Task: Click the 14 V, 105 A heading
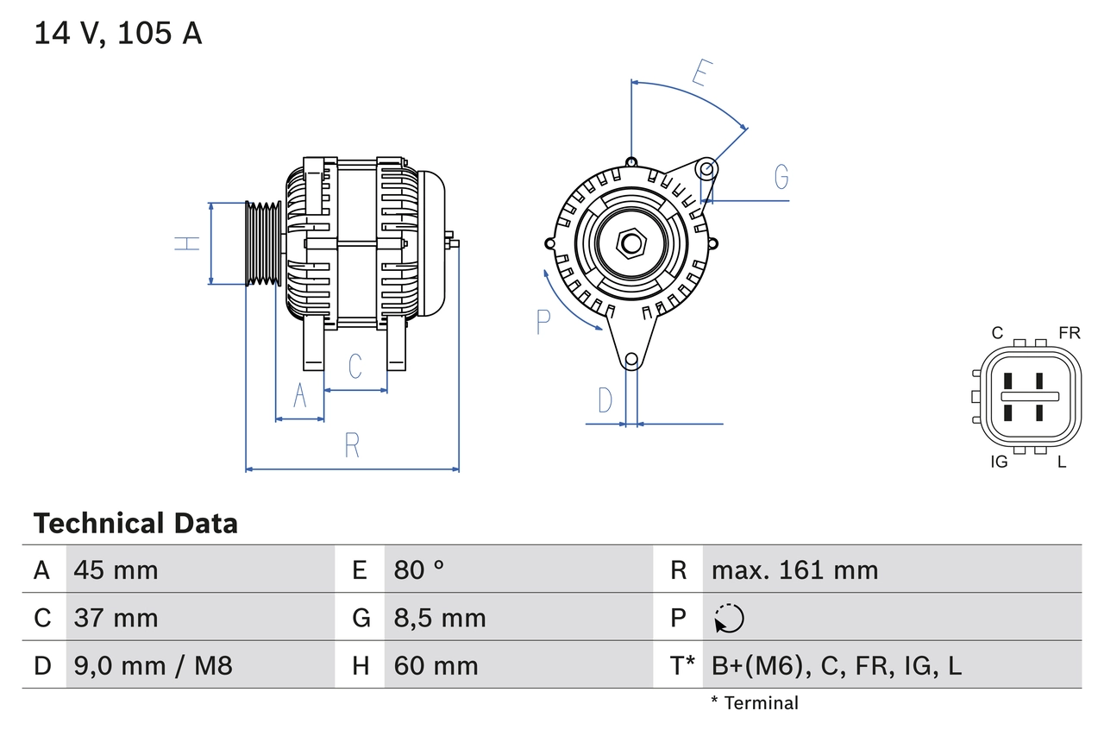pos(118,34)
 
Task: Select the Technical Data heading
pos(135,523)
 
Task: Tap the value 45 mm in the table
pos(116,569)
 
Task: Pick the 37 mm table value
pos(116,618)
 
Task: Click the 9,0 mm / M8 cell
pos(153,665)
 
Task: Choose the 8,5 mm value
pos(439,618)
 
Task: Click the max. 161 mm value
pos(794,569)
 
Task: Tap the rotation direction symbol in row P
pos(729,618)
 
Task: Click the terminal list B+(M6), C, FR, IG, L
pos(836,665)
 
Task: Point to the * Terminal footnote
pos(755,703)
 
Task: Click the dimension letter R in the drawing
pos(352,446)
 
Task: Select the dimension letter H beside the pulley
pos(187,243)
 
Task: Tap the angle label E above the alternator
pos(701,74)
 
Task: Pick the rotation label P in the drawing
pos(543,321)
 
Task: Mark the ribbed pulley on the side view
pos(264,244)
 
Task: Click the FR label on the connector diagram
pos(1069,333)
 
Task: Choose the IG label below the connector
pos(999,462)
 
